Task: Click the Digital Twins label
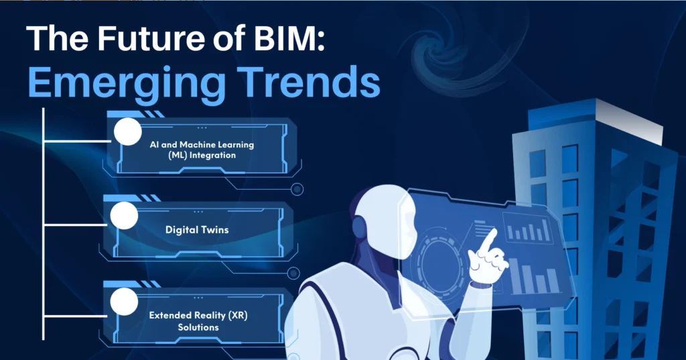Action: (x=197, y=229)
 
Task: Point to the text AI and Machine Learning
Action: (x=202, y=144)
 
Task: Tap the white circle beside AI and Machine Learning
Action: (x=127, y=131)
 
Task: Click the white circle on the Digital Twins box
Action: (x=124, y=216)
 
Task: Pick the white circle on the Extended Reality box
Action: (x=123, y=302)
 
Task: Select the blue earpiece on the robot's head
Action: (x=360, y=228)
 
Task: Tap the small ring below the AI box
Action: (x=297, y=189)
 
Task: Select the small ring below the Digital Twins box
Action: (x=293, y=273)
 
